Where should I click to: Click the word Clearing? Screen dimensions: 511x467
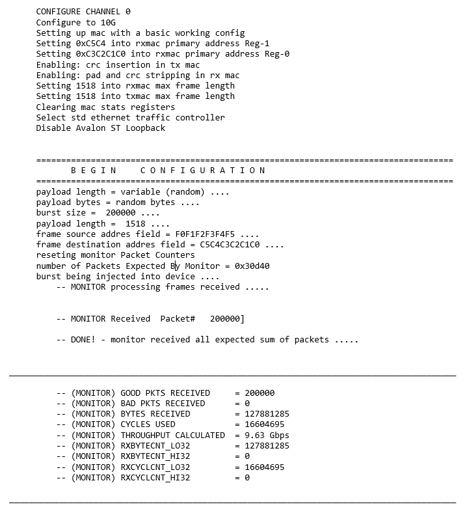(56, 107)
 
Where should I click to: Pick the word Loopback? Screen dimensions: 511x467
(146, 128)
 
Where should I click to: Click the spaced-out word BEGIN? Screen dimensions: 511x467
(93, 171)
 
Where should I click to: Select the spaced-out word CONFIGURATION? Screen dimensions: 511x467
(203, 171)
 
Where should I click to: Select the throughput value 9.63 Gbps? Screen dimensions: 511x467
(267, 435)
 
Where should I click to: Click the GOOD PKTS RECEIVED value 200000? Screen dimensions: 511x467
(260, 393)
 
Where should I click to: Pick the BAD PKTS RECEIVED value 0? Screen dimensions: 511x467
(247, 404)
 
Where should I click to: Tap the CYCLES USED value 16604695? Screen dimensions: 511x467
(264, 424)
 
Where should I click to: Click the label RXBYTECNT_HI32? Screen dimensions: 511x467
(155, 456)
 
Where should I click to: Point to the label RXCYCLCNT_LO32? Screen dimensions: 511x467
(155, 467)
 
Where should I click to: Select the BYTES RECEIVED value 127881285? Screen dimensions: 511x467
(267, 414)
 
